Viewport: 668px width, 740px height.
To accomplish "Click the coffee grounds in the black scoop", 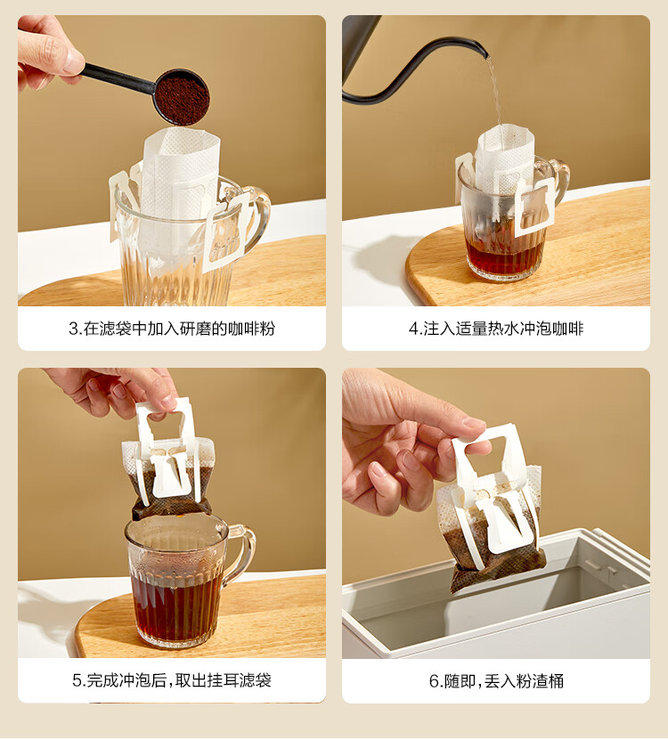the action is pos(183,99).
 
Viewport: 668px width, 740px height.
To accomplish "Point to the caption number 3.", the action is pos(73,329).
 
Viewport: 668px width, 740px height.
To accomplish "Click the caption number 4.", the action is pos(413,329).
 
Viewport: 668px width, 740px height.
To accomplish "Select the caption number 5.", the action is pos(77,680).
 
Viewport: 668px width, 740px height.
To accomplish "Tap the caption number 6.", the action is pos(434,681).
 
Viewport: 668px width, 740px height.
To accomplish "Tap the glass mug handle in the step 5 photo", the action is pos(244,552).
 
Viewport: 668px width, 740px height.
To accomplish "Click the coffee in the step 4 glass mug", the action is pos(504,257).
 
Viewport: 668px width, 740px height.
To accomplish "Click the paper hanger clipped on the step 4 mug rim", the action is pos(534,207).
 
